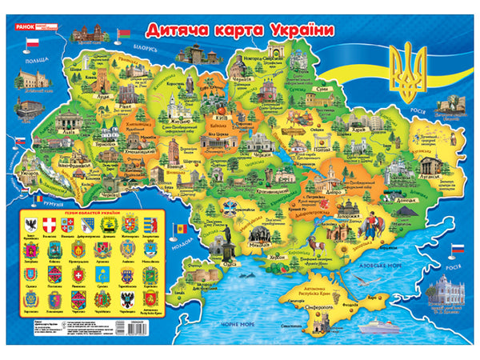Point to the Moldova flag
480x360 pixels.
pyautogui.click(x=181, y=230)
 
